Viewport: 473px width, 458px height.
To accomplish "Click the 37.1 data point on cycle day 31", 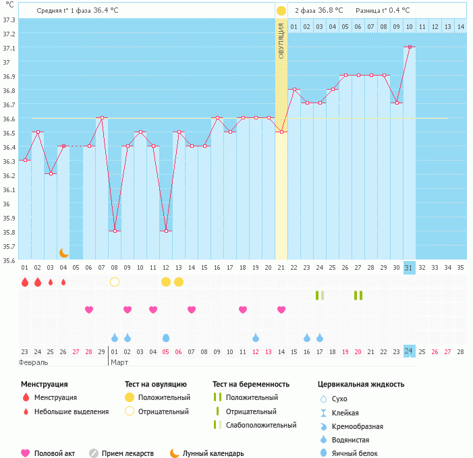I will pyautogui.click(x=410, y=47).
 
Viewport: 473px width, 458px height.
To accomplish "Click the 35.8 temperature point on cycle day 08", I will pyautogui.click(x=115, y=231).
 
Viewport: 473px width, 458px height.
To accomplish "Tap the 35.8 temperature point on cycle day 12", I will pyautogui.click(x=166, y=231).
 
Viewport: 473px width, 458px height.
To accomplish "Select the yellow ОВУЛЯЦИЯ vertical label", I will pyautogui.click(x=281, y=40).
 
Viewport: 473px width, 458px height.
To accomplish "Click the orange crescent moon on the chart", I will pyautogui.click(x=64, y=252).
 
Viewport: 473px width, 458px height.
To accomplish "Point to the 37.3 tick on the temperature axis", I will pyautogui.click(x=9, y=20).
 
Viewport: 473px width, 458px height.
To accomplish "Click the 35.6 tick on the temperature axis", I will pyautogui.click(x=9, y=260).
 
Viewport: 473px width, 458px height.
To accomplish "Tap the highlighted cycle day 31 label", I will pyautogui.click(x=409, y=268).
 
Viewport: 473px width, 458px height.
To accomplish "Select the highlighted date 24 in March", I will pyautogui.click(x=409, y=351).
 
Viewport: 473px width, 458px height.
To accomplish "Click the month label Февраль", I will pyautogui.click(x=33, y=362).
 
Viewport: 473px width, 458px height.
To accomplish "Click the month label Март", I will pyautogui.click(x=119, y=362).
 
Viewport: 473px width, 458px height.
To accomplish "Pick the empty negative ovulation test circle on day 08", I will pyautogui.click(x=115, y=281).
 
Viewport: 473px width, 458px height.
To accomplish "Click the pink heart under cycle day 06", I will pyautogui.click(x=89, y=310).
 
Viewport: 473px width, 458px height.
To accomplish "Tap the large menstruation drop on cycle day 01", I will pyautogui.click(x=25, y=282).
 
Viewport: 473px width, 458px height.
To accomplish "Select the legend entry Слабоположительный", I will pyautogui.click(x=261, y=425).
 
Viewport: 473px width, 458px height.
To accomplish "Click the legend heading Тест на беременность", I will pyautogui.click(x=250, y=384).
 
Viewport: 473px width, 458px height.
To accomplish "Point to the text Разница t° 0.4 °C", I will pyautogui.click(x=383, y=10).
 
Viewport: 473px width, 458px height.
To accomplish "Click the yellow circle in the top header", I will pyautogui.click(x=281, y=10).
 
